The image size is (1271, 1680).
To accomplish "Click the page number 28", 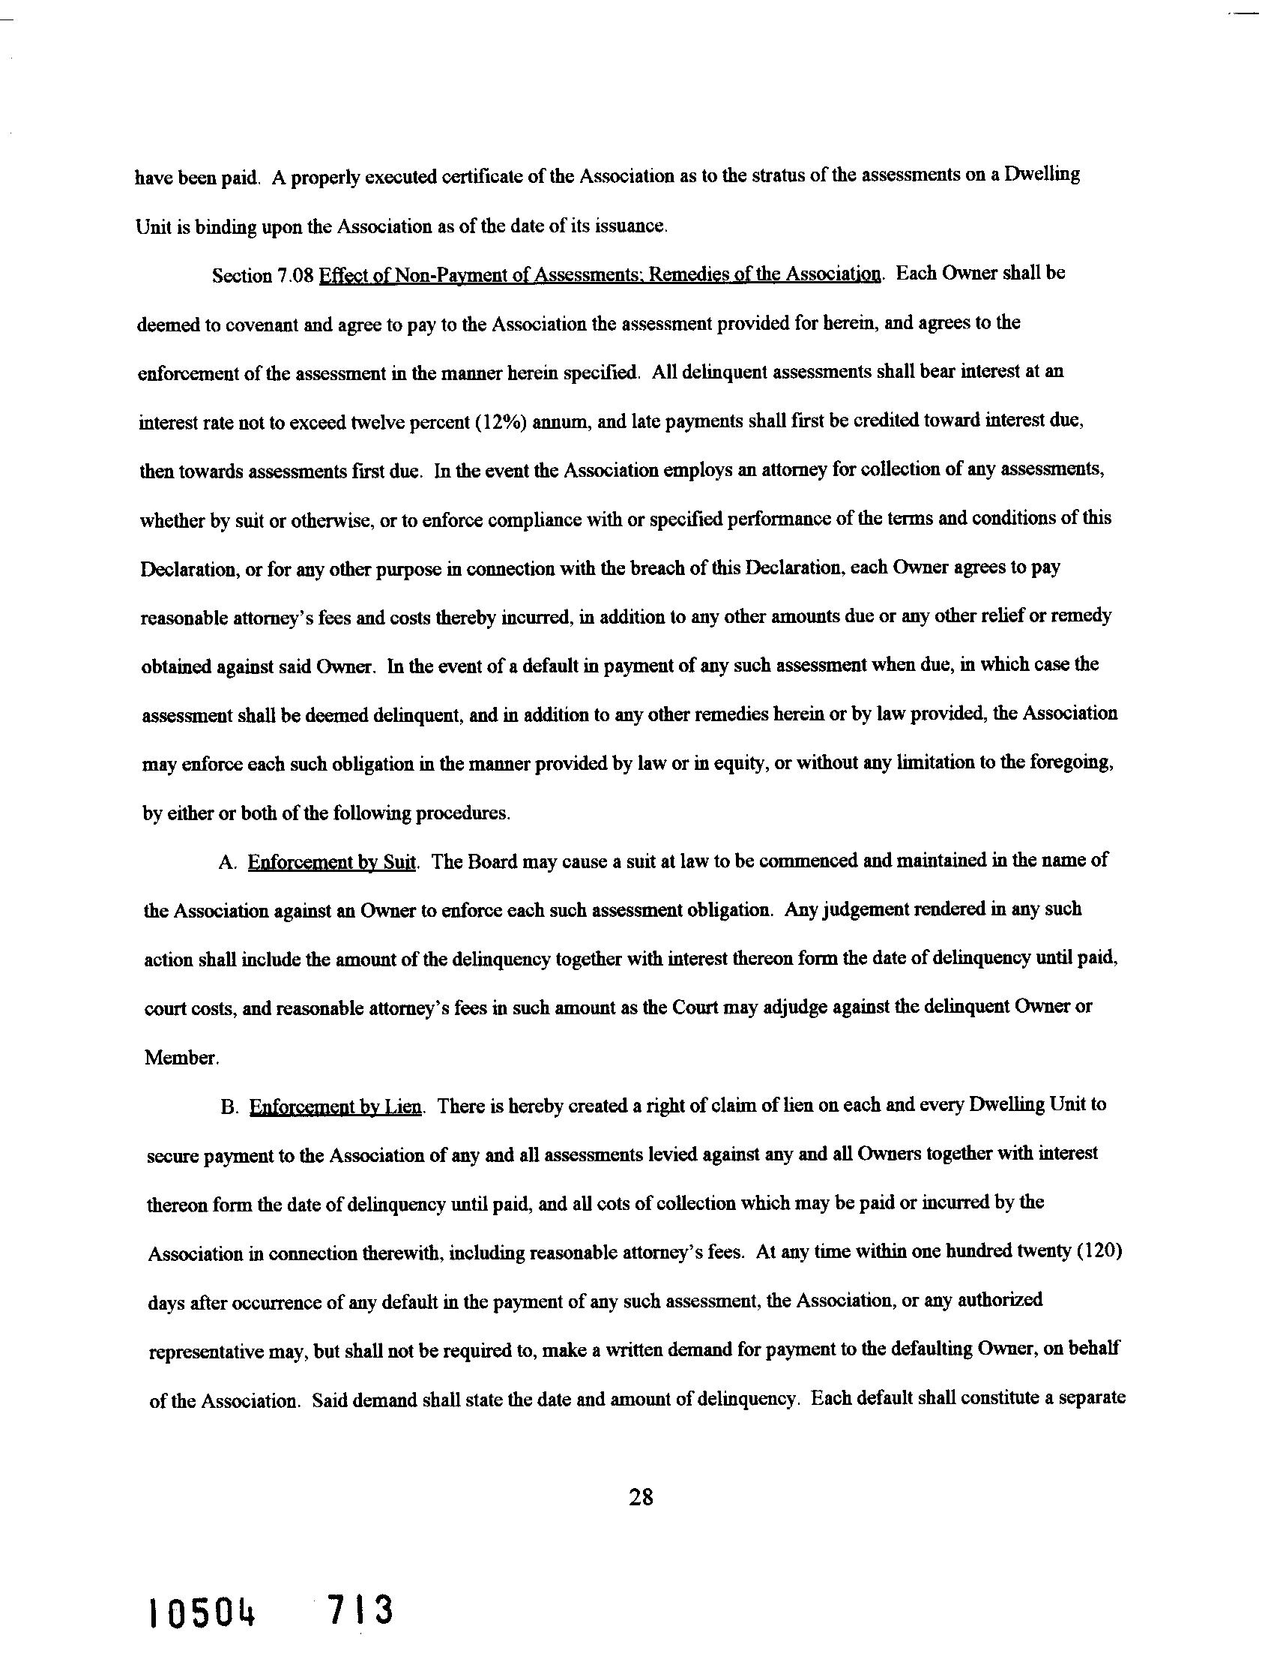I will pos(641,1497).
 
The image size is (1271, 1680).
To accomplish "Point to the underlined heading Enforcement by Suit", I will pos(333,862).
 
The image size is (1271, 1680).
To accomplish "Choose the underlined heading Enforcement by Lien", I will pos(336,1107).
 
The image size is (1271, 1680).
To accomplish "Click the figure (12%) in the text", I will pos(501,422).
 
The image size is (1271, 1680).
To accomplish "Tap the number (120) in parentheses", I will pos(1100,1253).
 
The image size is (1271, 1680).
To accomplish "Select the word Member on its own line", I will pos(180,1057).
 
